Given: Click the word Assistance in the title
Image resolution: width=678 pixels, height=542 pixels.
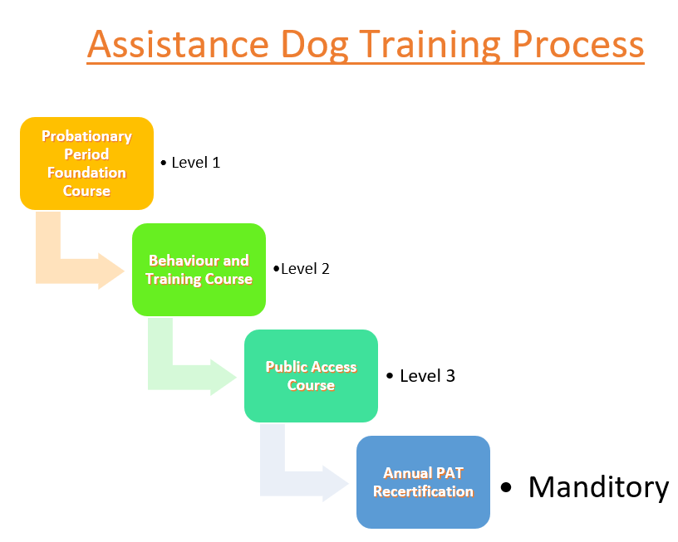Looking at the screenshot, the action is click(x=178, y=44).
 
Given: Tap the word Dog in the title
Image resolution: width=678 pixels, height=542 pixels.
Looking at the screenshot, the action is click(x=314, y=45).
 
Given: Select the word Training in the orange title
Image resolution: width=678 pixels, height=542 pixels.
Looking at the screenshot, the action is click(x=430, y=45).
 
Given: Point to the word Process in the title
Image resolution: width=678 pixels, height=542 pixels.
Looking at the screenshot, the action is click(x=577, y=44).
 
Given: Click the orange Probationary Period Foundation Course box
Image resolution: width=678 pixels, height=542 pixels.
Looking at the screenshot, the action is click(x=87, y=164).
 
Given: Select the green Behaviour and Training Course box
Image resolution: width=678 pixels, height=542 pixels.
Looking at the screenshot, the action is click(x=199, y=270).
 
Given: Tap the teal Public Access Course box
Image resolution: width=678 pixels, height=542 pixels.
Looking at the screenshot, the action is click(x=311, y=376).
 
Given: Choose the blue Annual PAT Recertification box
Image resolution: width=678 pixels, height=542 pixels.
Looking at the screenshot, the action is click(x=423, y=482).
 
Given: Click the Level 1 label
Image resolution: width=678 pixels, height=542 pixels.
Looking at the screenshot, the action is click(x=196, y=163).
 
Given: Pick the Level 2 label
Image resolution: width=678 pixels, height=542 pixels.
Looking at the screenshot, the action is click(x=305, y=269).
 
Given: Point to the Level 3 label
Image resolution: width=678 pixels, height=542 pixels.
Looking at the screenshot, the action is click(x=427, y=376).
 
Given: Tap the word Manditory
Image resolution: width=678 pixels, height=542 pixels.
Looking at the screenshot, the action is click(x=598, y=487).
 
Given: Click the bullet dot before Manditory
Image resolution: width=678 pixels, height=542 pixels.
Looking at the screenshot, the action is click(x=505, y=487).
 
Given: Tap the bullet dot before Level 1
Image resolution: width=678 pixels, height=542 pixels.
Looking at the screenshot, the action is click(x=164, y=164).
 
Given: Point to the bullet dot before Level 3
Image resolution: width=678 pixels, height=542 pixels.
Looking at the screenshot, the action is click(x=390, y=376).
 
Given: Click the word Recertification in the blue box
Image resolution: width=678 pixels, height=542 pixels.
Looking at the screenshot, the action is click(x=423, y=491).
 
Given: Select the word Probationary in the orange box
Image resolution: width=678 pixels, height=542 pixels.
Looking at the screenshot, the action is click(x=87, y=137).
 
